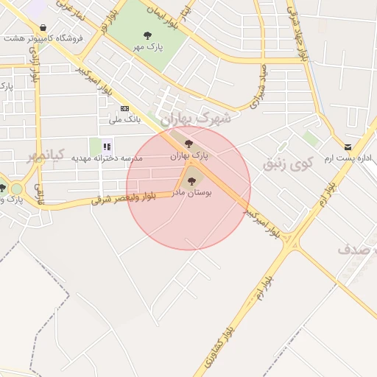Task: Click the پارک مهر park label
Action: tap(147, 46)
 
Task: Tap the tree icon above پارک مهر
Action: tap(147, 35)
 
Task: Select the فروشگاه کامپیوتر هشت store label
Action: tap(43, 38)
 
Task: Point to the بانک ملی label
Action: tap(124, 119)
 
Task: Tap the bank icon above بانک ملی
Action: tap(124, 108)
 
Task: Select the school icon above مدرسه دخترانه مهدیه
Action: tap(107, 146)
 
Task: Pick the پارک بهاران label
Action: tap(189, 156)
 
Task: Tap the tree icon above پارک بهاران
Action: tap(188, 144)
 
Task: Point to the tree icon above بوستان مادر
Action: tap(191, 180)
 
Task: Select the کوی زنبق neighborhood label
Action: tap(288, 162)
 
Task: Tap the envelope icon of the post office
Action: tap(348, 147)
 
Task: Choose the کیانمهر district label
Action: tap(46, 155)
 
